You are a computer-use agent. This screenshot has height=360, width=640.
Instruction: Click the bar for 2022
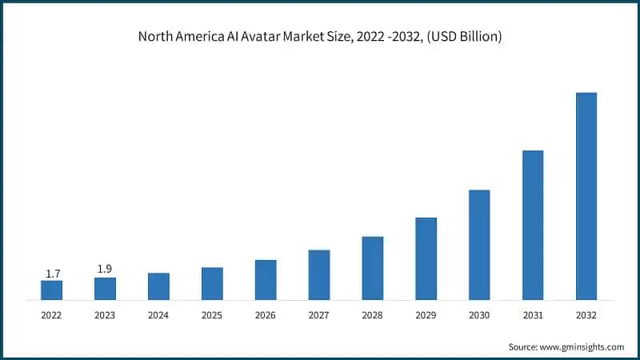click(51, 290)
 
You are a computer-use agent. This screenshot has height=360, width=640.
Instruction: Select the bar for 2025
click(212, 284)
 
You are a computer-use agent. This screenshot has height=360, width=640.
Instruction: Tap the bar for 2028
click(373, 269)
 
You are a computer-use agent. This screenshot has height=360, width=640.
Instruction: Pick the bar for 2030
click(479, 245)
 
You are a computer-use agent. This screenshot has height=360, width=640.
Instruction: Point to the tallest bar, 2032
click(586, 197)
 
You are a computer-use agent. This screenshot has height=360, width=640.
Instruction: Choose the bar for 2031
click(533, 226)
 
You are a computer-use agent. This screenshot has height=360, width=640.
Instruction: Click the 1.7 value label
click(53, 274)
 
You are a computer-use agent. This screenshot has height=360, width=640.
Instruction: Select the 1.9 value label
click(105, 270)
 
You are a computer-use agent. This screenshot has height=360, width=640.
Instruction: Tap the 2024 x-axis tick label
click(158, 316)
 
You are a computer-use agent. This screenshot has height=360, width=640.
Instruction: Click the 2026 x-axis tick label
click(266, 316)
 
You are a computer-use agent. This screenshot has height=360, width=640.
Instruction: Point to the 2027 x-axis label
click(319, 316)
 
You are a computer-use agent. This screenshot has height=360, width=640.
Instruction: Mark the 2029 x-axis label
click(426, 316)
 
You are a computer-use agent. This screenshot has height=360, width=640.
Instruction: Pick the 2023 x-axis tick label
click(105, 316)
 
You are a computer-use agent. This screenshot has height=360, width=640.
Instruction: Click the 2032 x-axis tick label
click(586, 316)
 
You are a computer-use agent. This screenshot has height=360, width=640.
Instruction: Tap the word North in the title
click(157, 37)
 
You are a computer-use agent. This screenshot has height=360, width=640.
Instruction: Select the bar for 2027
click(319, 275)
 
